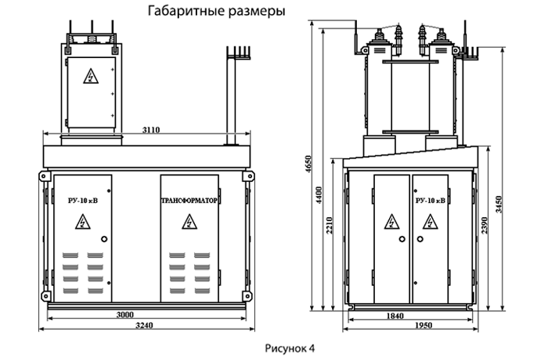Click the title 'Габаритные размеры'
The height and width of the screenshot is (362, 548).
[x=217, y=11]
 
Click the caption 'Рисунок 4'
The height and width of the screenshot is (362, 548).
[x=290, y=349]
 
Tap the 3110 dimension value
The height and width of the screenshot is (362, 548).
[x=151, y=130]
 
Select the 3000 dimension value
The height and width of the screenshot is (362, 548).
[x=124, y=314]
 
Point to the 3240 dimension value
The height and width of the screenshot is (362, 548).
[x=144, y=325]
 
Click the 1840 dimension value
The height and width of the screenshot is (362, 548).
[x=395, y=316]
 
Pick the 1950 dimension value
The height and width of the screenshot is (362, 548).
[x=424, y=325]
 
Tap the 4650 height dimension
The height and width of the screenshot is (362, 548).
[x=308, y=164]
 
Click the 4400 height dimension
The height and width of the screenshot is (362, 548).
[x=319, y=196]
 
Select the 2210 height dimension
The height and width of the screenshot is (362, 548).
[x=329, y=226]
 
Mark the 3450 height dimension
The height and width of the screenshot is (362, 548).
[x=499, y=205]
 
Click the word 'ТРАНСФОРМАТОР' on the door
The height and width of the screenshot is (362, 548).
[x=189, y=201]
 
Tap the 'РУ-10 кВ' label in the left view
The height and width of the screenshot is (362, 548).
[x=83, y=201]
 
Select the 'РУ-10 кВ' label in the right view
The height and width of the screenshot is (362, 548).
[x=431, y=201]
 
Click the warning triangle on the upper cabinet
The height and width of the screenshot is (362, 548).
[x=91, y=77]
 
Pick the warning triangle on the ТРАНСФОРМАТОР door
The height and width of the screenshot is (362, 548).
[x=189, y=223]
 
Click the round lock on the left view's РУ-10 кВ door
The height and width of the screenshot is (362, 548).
[x=104, y=239]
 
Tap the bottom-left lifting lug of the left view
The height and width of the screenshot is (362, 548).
[x=45, y=296]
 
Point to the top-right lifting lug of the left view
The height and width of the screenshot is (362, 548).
[x=249, y=176]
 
